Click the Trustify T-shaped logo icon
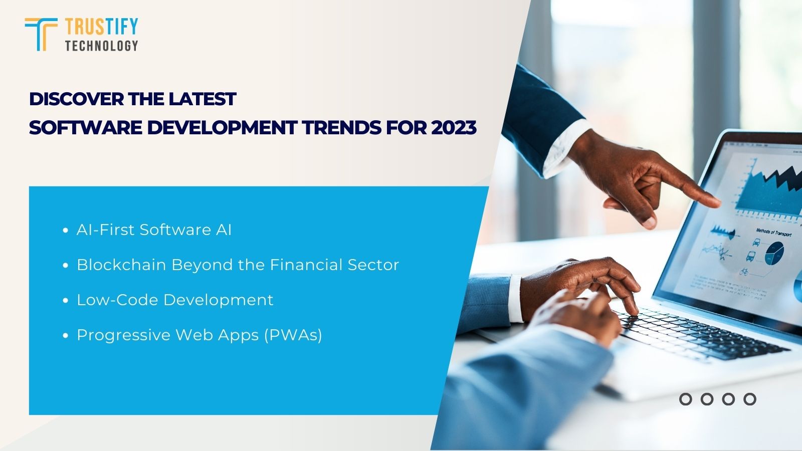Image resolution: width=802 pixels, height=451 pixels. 41,34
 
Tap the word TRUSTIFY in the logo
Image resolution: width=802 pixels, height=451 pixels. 101,27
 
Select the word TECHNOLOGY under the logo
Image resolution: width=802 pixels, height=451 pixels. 101,46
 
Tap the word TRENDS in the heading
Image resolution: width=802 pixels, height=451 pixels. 342,128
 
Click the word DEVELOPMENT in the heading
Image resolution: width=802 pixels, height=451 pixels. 222,128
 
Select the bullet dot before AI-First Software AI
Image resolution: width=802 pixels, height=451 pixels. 65,231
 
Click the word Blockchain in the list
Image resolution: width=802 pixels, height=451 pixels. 121,265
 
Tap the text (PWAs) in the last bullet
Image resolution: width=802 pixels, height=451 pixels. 293,335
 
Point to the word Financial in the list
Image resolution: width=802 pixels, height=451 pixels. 306,265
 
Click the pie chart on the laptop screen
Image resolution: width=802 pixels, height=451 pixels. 774,253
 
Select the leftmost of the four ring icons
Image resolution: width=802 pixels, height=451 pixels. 685,399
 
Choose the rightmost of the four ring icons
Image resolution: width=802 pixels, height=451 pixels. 749,399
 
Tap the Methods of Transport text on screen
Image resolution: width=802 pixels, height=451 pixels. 773,233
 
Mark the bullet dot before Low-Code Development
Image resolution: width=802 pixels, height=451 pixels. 65,301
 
